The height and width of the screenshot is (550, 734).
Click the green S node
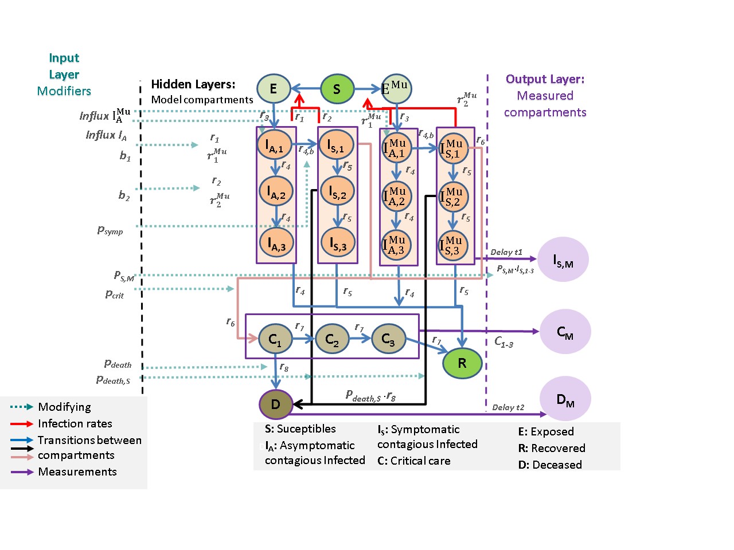pyautogui.click(x=337, y=89)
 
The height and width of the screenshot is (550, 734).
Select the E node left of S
pyautogui.click(x=274, y=89)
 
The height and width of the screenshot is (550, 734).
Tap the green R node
pyautogui.click(x=462, y=363)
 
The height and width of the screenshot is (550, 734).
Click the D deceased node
pyautogui.click(x=276, y=404)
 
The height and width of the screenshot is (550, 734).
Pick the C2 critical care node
pyautogui.click(x=332, y=340)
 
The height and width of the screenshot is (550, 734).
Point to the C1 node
pyautogui.click(x=275, y=340)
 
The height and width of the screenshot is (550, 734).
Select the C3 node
pyautogui.click(x=388, y=340)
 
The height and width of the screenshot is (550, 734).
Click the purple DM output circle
pyautogui.click(x=565, y=399)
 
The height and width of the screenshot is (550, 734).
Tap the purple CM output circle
pyautogui.click(x=565, y=332)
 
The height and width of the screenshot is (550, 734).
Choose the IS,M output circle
pyautogui.click(x=563, y=260)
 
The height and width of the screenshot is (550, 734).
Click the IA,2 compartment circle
pyautogui.click(x=276, y=192)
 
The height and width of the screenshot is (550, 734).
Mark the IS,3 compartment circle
pyautogui.click(x=338, y=243)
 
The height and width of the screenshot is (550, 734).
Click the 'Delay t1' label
pyautogui.click(x=506, y=252)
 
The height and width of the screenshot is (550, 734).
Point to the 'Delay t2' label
pyautogui.click(x=508, y=407)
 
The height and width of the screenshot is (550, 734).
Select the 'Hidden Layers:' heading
pyautogui.click(x=193, y=84)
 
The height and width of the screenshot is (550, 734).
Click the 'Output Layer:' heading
pyautogui.click(x=545, y=79)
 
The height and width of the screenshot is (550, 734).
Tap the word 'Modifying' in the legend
pyautogui.click(x=64, y=407)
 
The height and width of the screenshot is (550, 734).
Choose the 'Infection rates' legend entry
pyautogui.click(x=75, y=423)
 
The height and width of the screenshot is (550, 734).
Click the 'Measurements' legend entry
pyautogui.click(x=77, y=472)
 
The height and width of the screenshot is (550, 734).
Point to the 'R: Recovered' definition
pyautogui.click(x=552, y=448)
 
